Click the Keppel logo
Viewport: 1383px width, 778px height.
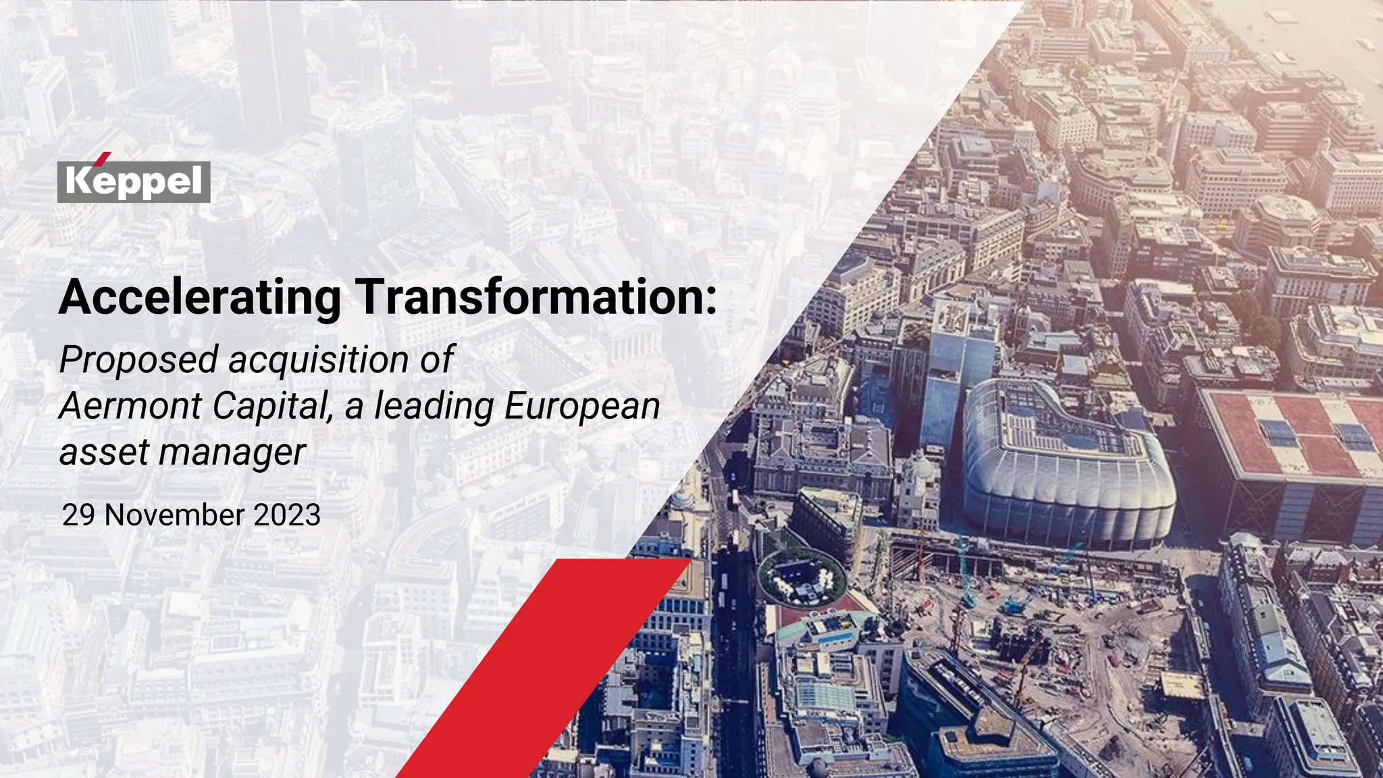pos(134,182)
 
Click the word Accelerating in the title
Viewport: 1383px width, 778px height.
pos(200,297)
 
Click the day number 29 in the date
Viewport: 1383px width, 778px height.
pos(78,515)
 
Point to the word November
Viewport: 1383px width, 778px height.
pos(174,515)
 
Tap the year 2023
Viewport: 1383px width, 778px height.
pos(286,515)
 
